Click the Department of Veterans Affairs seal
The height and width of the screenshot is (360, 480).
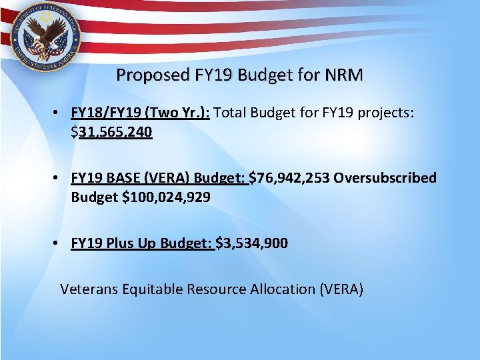click(x=41, y=34)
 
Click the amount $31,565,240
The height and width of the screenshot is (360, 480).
click(x=112, y=132)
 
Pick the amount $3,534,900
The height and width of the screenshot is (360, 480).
click(x=252, y=243)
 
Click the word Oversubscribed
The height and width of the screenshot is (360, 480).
click(x=385, y=178)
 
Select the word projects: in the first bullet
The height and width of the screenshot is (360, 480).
click(x=385, y=113)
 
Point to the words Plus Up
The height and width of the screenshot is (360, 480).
click(x=129, y=243)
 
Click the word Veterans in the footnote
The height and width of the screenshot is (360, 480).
click(x=87, y=289)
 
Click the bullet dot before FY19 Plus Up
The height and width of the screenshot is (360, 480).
click(x=59, y=243)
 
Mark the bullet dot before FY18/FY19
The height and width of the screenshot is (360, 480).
click(x=59, y=113)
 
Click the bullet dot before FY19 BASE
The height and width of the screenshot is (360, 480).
click(x=59, y=178)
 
